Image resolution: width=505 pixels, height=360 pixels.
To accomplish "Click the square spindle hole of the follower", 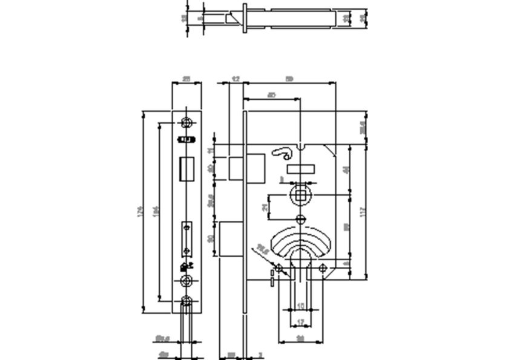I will click(x=300, y=195).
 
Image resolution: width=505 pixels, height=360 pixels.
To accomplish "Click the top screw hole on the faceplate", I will click(x=188, y=123).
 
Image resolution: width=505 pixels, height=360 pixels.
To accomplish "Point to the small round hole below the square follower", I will click(x=300, y=218).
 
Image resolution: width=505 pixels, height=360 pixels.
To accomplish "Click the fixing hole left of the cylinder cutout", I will click(x=279, y=268).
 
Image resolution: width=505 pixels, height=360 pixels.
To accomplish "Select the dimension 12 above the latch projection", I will click(x=236, y=79).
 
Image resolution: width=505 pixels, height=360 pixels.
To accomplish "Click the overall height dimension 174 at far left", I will click(x=139, y=211).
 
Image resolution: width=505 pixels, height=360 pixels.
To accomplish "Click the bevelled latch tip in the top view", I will click(x=231, y=18).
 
